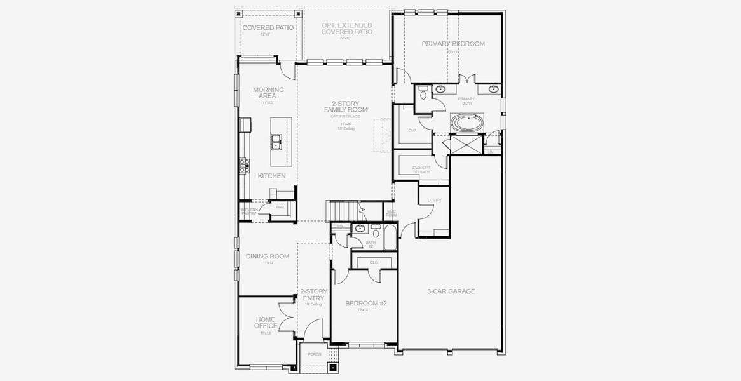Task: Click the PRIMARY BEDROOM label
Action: coord(453,44)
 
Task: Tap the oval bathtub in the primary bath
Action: coord(466,122)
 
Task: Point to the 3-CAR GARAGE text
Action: coord(451,291)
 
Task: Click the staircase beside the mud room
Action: coord(342,209)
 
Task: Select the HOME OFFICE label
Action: coord(266,323)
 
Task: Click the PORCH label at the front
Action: coord(315,354)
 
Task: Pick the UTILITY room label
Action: coord(434,200)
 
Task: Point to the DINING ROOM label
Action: coord(268,257)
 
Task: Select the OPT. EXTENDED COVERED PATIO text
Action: coord(346,29)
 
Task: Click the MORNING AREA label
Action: coord(268,93)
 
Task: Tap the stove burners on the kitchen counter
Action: coord(243,166)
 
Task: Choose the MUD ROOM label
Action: coord(391,213)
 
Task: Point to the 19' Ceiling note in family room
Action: coord(346,128)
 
